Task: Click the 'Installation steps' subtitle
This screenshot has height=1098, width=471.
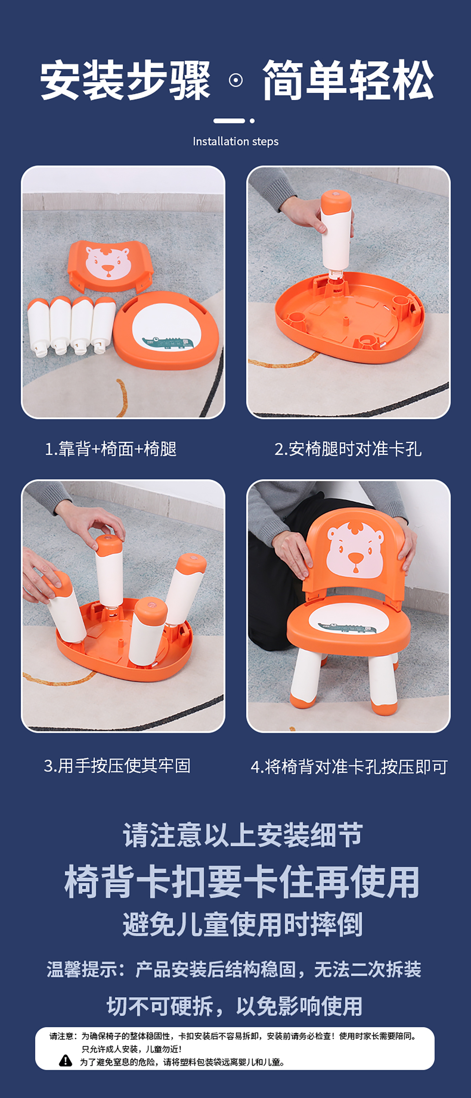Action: click(235, 142)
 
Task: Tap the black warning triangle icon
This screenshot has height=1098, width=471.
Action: click(65, 1060)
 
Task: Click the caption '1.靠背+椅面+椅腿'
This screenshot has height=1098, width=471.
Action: click(111, 449)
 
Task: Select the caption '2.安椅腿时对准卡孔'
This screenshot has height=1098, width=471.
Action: click(348, 449)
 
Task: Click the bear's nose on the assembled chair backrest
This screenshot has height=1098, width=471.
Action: click(355, 558)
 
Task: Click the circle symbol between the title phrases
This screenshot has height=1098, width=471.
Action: click(235, 80)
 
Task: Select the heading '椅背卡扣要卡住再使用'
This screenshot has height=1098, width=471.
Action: click(241, 882)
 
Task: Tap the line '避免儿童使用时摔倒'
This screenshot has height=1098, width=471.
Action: click(242, 924)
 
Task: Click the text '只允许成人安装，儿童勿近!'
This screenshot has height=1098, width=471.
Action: click(131, 1049)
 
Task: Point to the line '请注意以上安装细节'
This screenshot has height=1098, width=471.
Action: click(242, 835)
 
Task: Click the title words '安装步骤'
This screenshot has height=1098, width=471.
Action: click(125, 80)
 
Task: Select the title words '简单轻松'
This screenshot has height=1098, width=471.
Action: click(348, 80)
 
